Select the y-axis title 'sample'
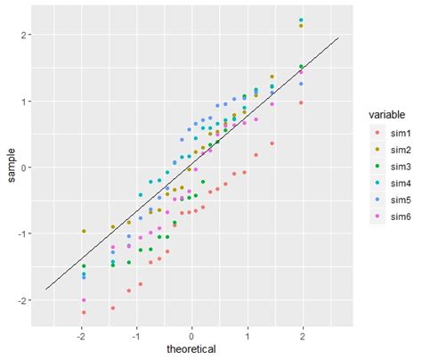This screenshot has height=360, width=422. [11, 168]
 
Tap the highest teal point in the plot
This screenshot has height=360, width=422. [302, 20]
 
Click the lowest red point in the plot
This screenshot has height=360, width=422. [84, 313]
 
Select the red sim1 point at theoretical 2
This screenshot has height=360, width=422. [302, 103]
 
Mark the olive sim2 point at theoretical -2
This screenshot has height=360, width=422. [84, 232]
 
